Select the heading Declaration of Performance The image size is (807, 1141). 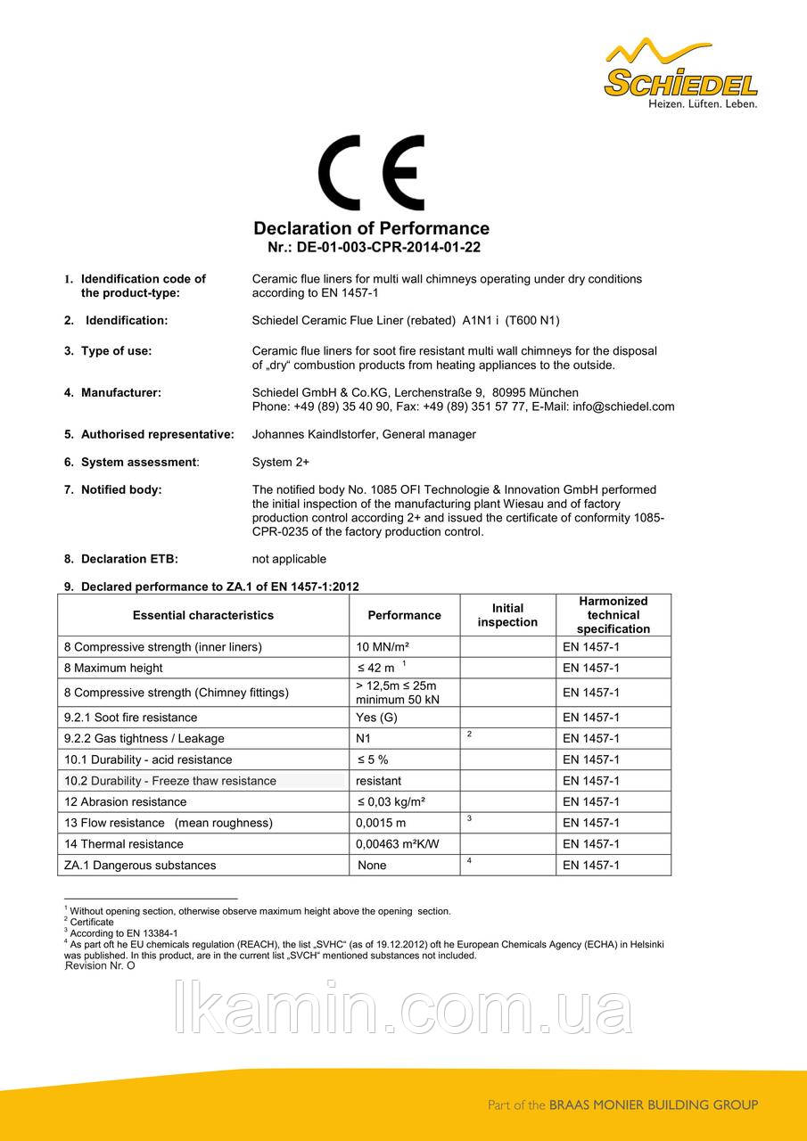[x=372, y=228]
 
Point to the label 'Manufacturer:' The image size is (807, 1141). [x=121, y=392]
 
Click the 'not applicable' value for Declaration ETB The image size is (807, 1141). [x=290, y=559]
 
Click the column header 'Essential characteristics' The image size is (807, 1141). [x=203, y=615]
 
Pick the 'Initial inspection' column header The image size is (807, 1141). [x=507, y=615]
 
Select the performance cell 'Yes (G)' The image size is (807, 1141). [x=376, y=718]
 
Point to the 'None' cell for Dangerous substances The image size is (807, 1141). [x=372, y=865]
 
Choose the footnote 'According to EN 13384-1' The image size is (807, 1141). [x=123, y=932]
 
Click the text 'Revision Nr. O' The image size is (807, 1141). [x=101, y=965]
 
